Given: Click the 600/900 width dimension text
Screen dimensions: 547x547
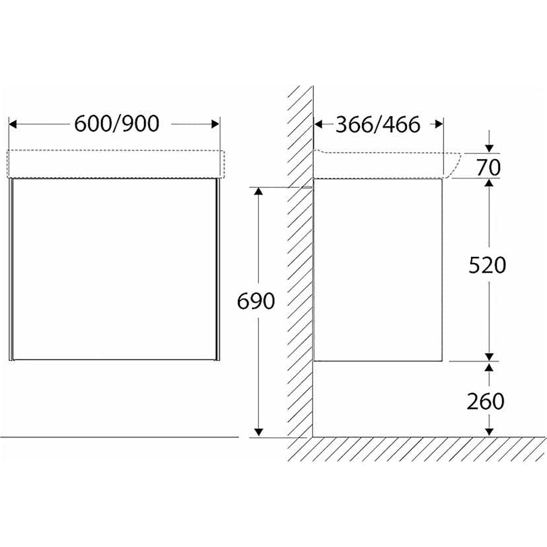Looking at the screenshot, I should [116, 124].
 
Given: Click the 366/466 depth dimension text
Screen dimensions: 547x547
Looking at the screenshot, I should [377, 124].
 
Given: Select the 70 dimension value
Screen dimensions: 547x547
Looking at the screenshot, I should [489, 168].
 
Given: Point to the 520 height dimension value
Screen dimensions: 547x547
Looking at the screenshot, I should [487, 265].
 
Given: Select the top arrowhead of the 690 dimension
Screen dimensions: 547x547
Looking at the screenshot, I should [258, 192].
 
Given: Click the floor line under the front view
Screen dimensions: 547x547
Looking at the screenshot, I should [119, 437].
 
